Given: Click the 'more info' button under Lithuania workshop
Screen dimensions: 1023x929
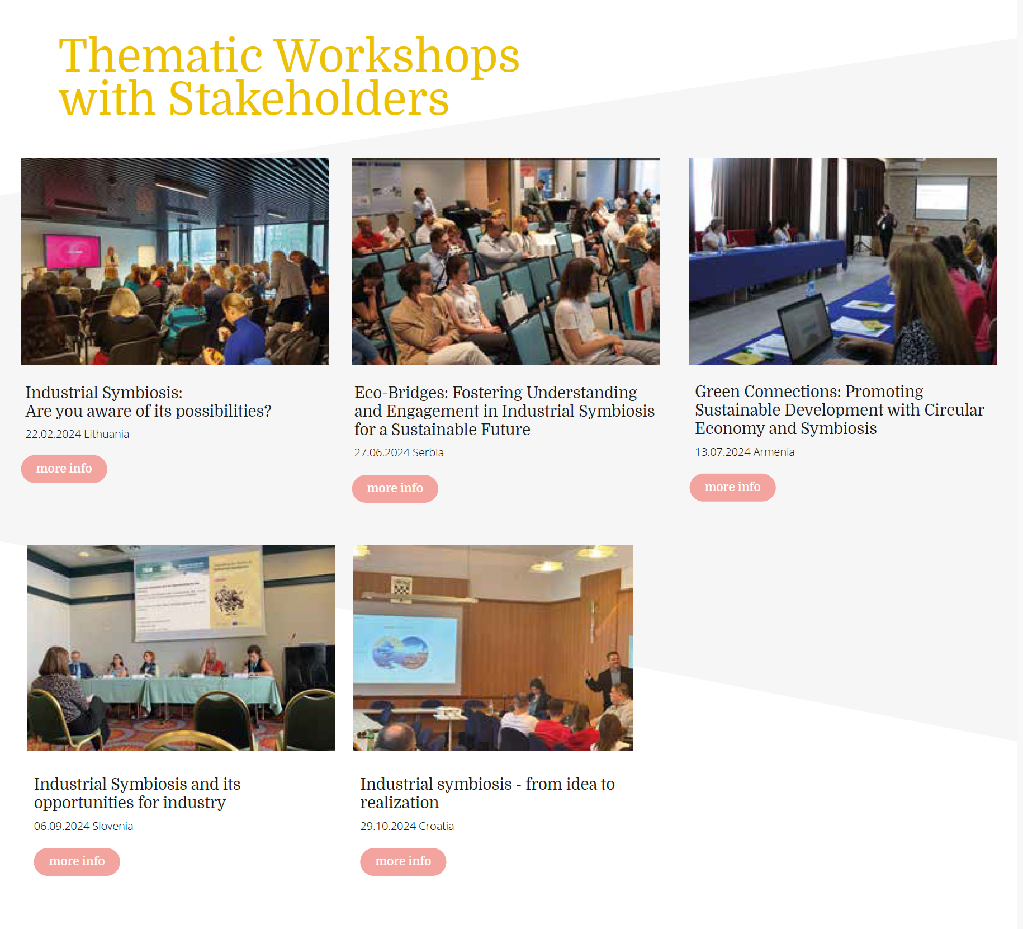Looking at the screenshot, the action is [x=64, y=469].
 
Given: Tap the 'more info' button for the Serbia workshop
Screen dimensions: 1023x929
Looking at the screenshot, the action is [x=395, y=488].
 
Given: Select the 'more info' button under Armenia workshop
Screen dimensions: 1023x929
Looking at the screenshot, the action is [x=732, y=487].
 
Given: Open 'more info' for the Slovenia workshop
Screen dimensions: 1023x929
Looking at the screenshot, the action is [x=77, y=861].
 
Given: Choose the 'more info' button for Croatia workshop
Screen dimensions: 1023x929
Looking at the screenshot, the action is [x=403, y=861].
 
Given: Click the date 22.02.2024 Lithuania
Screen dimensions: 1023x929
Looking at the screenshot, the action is [x=77, y=434].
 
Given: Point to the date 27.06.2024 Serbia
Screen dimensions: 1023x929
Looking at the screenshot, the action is [x=399, y=452].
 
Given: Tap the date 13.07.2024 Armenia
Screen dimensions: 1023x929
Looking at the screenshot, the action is [x=745, y=452].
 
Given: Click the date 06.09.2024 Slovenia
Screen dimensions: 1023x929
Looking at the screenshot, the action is [x=83, y=826].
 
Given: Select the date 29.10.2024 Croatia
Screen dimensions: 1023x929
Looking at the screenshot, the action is [x=407, y=826].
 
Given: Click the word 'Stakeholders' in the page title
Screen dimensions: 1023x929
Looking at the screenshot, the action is [x=309, y=98].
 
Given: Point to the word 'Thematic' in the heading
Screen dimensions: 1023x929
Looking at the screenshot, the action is [x=161, y=55].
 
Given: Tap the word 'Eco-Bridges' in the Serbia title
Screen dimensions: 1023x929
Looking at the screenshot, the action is [x=401, y=393].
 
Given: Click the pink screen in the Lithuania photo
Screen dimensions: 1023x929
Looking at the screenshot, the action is [x=73, y=251].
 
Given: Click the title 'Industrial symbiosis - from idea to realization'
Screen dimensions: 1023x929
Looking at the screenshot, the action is [x=487, y=793].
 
